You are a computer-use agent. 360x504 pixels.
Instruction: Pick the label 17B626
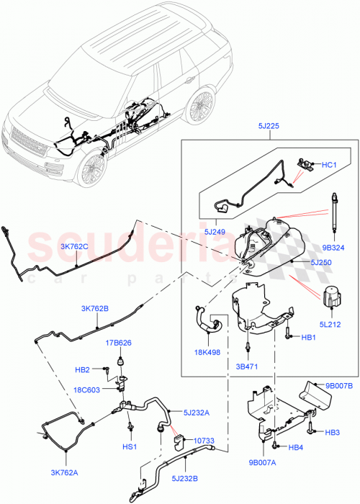pyautogui.click(x=120, y=343)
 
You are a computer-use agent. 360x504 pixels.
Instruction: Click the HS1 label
pyautogui.click(x=131, y=446)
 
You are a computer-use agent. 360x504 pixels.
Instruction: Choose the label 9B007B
pyautogui.click(x=338, y=386)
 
